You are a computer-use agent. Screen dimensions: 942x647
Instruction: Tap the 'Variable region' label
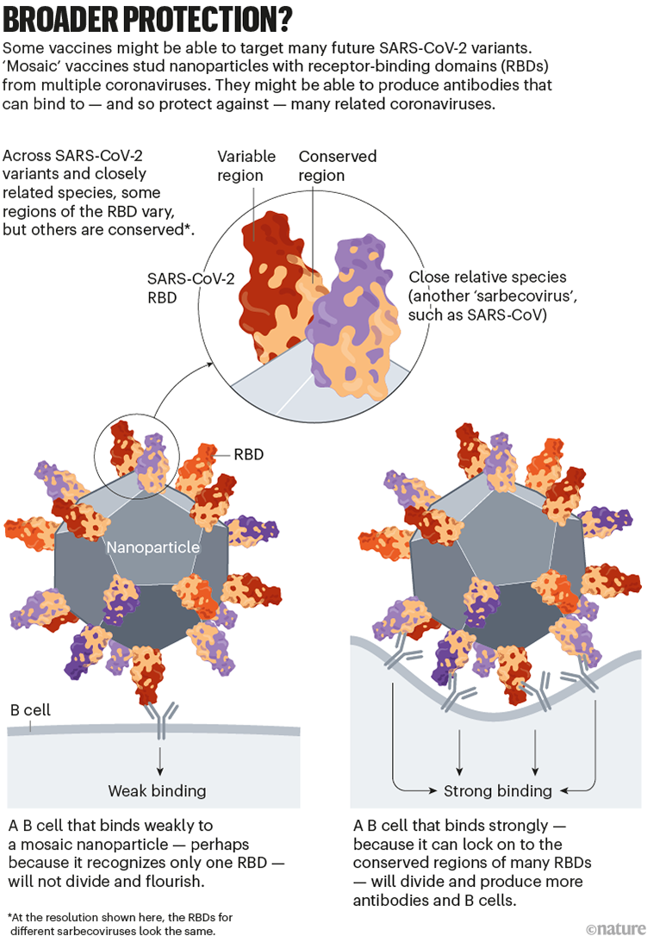pos(246,165)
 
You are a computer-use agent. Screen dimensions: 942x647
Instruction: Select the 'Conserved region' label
pos(337,165)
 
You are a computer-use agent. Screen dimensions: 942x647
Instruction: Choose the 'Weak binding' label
pos(157,790)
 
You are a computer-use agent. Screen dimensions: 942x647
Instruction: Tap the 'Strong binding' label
pos(497,790)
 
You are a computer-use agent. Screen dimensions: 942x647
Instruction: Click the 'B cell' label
pos(30,710)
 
